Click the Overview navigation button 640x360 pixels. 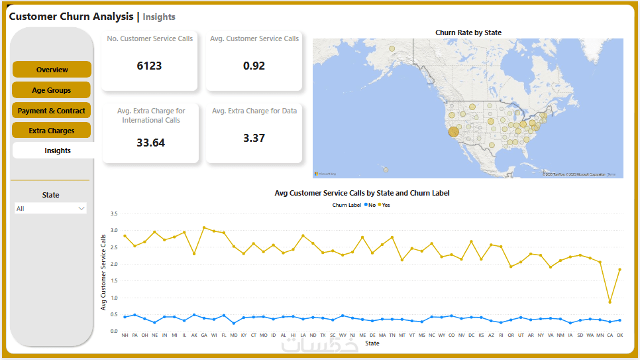point(52,70)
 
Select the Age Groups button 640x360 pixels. point(51,90)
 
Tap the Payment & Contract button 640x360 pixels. point(51,111)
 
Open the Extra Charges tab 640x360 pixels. point(51,131)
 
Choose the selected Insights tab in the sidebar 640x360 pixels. point(57,150)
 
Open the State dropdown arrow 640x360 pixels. point(81,208)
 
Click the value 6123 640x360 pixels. point(149,66)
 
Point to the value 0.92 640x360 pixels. point(254,66)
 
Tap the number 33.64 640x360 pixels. point(150,143)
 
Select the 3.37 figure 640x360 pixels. point(254,138)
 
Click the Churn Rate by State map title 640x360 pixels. point(468,32)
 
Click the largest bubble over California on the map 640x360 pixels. point(453,132)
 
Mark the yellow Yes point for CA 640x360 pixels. point(610,302)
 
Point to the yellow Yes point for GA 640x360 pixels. point(204,227)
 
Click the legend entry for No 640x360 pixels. point(370,205)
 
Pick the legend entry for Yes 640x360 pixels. point(384,205)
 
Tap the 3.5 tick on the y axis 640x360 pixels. point(114,214)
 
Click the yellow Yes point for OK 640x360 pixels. point(620,269)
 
